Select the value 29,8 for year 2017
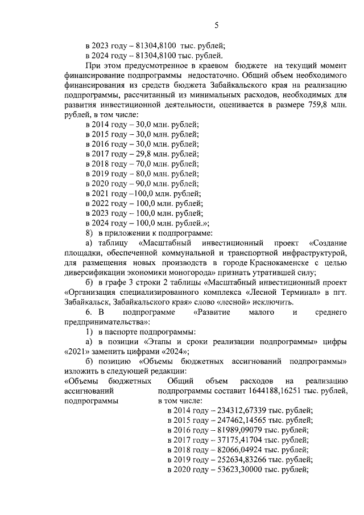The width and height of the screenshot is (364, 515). tap(145, 154)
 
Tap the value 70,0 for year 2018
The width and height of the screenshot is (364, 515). tap(145, 163)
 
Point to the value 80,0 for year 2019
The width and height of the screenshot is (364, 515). tap(145, 173)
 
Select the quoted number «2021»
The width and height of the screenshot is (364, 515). tap(78, 351)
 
